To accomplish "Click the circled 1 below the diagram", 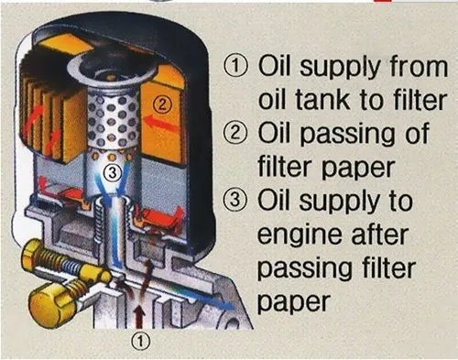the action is (x=141, y=341).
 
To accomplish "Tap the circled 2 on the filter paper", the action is (x=162, y=105).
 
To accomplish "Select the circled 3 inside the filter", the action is (x=113, y=173).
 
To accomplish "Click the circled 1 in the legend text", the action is (x=235, y=66).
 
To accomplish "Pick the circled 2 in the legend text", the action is (x=234, y=133).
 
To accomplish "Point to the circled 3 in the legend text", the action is (x=234, y=201).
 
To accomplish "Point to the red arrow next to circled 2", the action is (x=160, y=123).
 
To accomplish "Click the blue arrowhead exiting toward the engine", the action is (x=226, y=304).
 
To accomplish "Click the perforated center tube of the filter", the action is (x=112, y=121).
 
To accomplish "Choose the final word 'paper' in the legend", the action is (x=293, y=303).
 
